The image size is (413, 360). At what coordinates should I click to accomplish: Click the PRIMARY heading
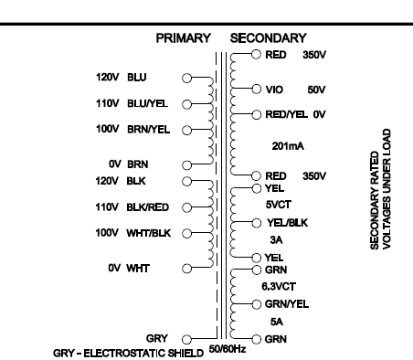coord(184,38)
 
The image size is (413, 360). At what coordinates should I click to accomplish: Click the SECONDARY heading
coord(269,38)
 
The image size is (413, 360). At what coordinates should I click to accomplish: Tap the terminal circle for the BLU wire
coord(186,79)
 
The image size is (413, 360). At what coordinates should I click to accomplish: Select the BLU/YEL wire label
coord(147,103)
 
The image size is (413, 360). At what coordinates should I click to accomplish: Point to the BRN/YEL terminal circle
coord(186,130)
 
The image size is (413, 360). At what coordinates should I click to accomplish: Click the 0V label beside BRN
coord(115,164)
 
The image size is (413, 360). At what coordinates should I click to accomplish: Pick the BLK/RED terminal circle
coord(186,207)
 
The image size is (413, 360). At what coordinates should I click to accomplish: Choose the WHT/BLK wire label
coord(149,233)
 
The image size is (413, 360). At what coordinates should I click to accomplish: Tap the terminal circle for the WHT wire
coord(186,269)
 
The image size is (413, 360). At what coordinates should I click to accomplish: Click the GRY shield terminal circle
coord(186,339)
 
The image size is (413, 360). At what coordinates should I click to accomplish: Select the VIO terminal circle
coord(257,90)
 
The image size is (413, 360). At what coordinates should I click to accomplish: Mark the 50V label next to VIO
coord(316,90)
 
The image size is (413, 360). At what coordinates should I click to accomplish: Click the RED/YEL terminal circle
coord(257,115)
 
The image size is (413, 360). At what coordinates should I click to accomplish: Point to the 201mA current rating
coord(288,146)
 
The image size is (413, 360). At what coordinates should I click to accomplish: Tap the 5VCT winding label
coord(279,205)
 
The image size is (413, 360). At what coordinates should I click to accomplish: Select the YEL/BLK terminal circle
coord(257,223)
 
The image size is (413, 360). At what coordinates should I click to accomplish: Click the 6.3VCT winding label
coord(279,286)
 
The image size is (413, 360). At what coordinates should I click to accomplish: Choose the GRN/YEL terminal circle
coord(257,304)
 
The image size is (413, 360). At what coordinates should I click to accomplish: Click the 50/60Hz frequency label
coord(228,349)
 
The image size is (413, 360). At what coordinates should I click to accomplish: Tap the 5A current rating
coord(277,322)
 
